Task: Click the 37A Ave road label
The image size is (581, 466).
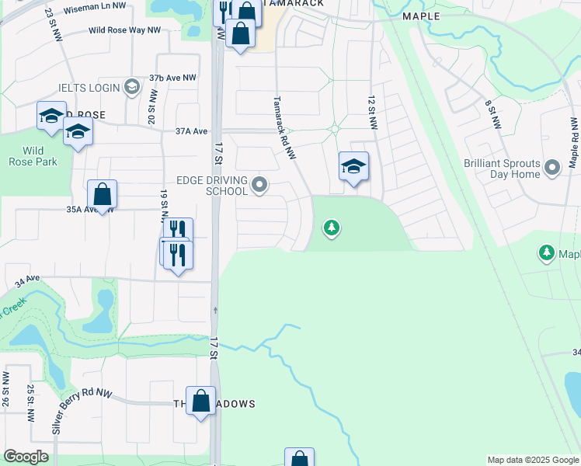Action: click(x=192, y=131)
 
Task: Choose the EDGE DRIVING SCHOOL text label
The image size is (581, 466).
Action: click(x=212, y=186)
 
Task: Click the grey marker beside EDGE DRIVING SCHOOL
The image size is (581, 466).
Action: click(x=261, y=185)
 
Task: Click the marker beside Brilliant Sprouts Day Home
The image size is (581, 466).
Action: click(x=552, y=167)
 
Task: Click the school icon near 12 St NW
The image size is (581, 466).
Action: click(x=353, y=167)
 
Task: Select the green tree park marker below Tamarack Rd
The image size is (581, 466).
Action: click(x=332, y=228)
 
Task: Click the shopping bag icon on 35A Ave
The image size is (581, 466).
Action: click(x=102, y=195)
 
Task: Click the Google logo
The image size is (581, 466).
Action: click(x=26, y=457)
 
